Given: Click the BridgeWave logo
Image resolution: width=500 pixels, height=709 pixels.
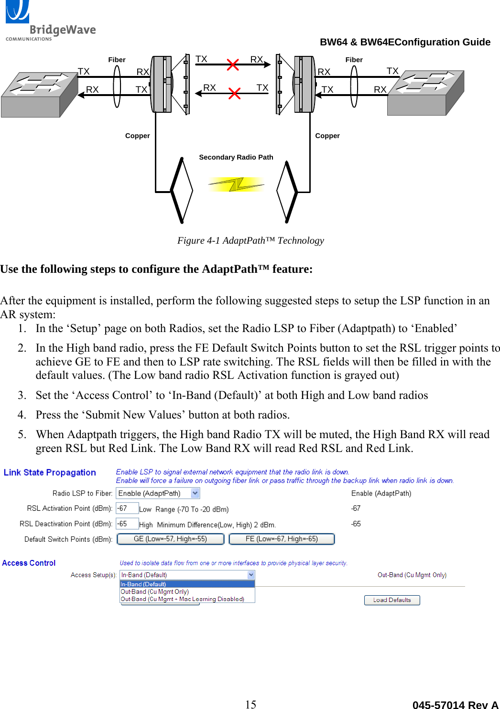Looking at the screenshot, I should pos(50,21).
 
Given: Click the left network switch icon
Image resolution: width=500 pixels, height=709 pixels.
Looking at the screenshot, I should pos(39,94).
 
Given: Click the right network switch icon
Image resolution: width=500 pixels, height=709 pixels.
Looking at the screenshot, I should pos(425,93).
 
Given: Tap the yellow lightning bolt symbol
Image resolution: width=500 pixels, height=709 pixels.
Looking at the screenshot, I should pos(236,184).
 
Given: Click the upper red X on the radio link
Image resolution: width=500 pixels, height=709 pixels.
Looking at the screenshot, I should pos(233,64).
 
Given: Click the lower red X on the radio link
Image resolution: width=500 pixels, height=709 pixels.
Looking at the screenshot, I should pos(234,93).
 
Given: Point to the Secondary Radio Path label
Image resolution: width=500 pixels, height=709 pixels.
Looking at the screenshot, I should pos(236,157).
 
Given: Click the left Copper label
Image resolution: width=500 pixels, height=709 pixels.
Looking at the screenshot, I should pos(137,136).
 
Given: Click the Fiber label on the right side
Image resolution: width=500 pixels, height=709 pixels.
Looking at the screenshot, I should pos(354,60).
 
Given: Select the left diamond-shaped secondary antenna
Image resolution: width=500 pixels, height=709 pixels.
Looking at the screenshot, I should pos(182,190).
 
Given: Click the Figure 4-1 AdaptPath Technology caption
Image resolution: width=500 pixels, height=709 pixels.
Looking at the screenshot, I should pos(250,240).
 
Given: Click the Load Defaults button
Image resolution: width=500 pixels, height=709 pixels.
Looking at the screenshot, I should pos(392,600).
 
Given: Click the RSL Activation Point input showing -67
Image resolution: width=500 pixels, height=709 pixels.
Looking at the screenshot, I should pos(127,508).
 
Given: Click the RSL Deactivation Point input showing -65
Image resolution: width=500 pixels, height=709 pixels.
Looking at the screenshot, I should pos(127,524).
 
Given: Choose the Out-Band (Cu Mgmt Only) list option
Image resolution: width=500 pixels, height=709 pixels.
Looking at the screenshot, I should pos(155,591).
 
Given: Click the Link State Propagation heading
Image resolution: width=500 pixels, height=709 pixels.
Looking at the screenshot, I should pos(50,473).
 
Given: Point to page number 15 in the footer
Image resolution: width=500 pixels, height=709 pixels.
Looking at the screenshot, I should pos(250,704).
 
